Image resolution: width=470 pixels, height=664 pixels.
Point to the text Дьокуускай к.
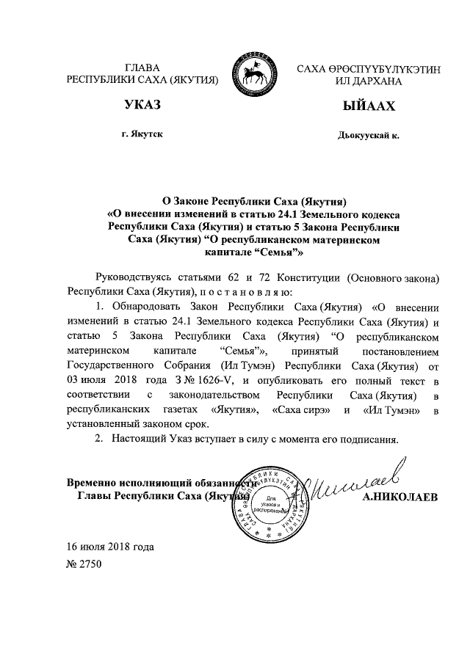(369, 136)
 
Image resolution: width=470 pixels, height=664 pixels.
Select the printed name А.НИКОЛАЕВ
(399, 497)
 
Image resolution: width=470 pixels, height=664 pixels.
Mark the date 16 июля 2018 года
(110, 547)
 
